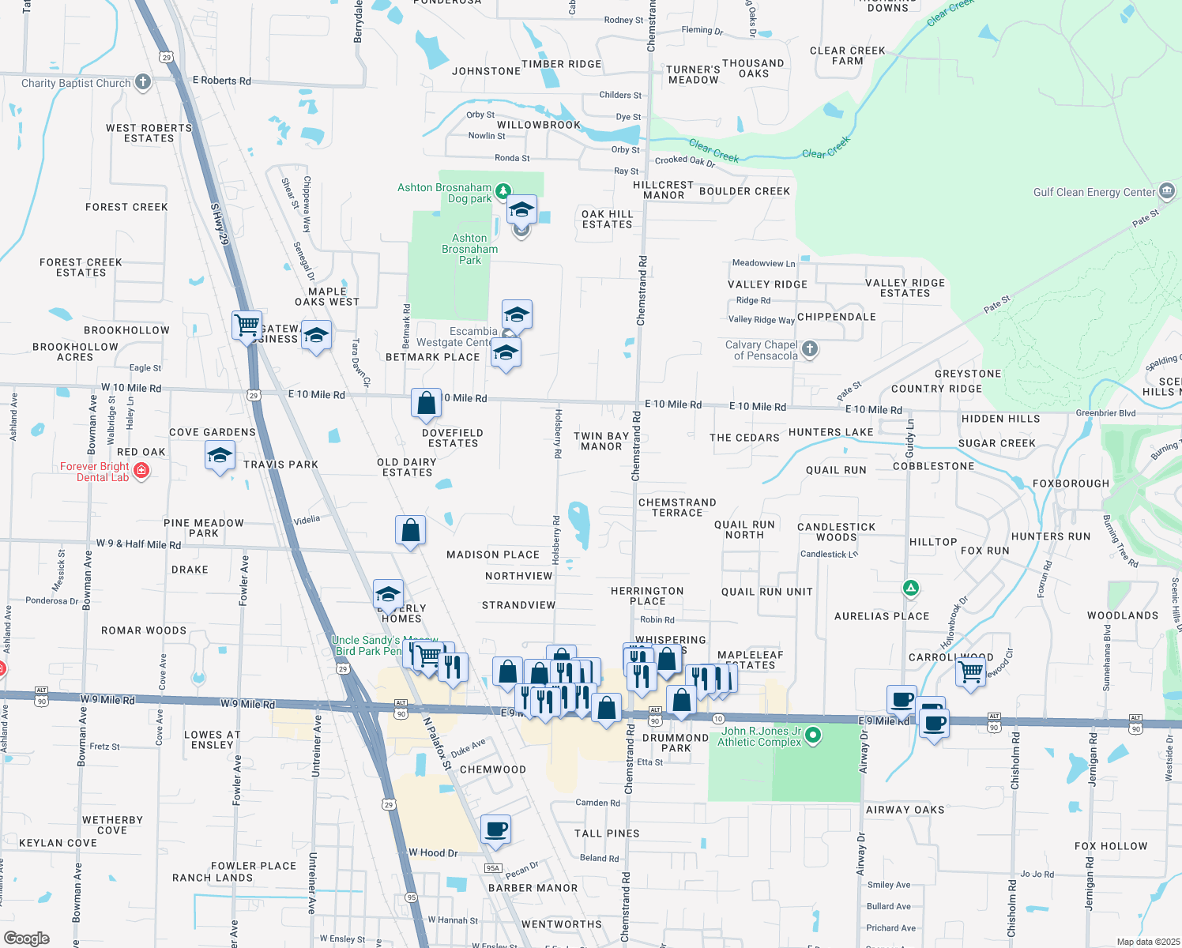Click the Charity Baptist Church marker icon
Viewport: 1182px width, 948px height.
point(143,81)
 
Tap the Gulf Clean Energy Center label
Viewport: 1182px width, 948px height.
point(1094,192)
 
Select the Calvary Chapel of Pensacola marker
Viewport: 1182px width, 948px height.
point(809,348)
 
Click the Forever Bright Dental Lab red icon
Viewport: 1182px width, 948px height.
point(141,471)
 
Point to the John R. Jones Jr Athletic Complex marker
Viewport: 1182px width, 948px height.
point(813,735)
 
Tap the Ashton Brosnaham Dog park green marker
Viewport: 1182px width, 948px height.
point(503,190)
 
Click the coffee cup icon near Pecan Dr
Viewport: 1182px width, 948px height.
point(495,829)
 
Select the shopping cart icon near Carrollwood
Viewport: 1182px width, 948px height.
point(971,671)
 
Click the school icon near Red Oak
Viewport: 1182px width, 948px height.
point(220,455)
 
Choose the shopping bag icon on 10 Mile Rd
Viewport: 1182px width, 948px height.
point(426,404)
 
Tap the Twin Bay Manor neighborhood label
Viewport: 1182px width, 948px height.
point(601,441)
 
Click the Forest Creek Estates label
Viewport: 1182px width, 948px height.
point(81,267)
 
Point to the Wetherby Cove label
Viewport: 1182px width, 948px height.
point(112,825)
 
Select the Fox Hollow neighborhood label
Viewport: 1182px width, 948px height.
point(1110,846)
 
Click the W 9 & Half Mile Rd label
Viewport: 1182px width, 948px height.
point(138,544)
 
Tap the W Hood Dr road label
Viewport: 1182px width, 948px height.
point(433,852)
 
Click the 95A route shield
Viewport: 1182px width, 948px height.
point(493,867)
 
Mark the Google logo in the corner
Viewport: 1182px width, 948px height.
point(26,938)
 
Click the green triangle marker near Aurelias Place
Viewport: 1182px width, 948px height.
point(910,588)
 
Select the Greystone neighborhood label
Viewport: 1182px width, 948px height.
point(967,374)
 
